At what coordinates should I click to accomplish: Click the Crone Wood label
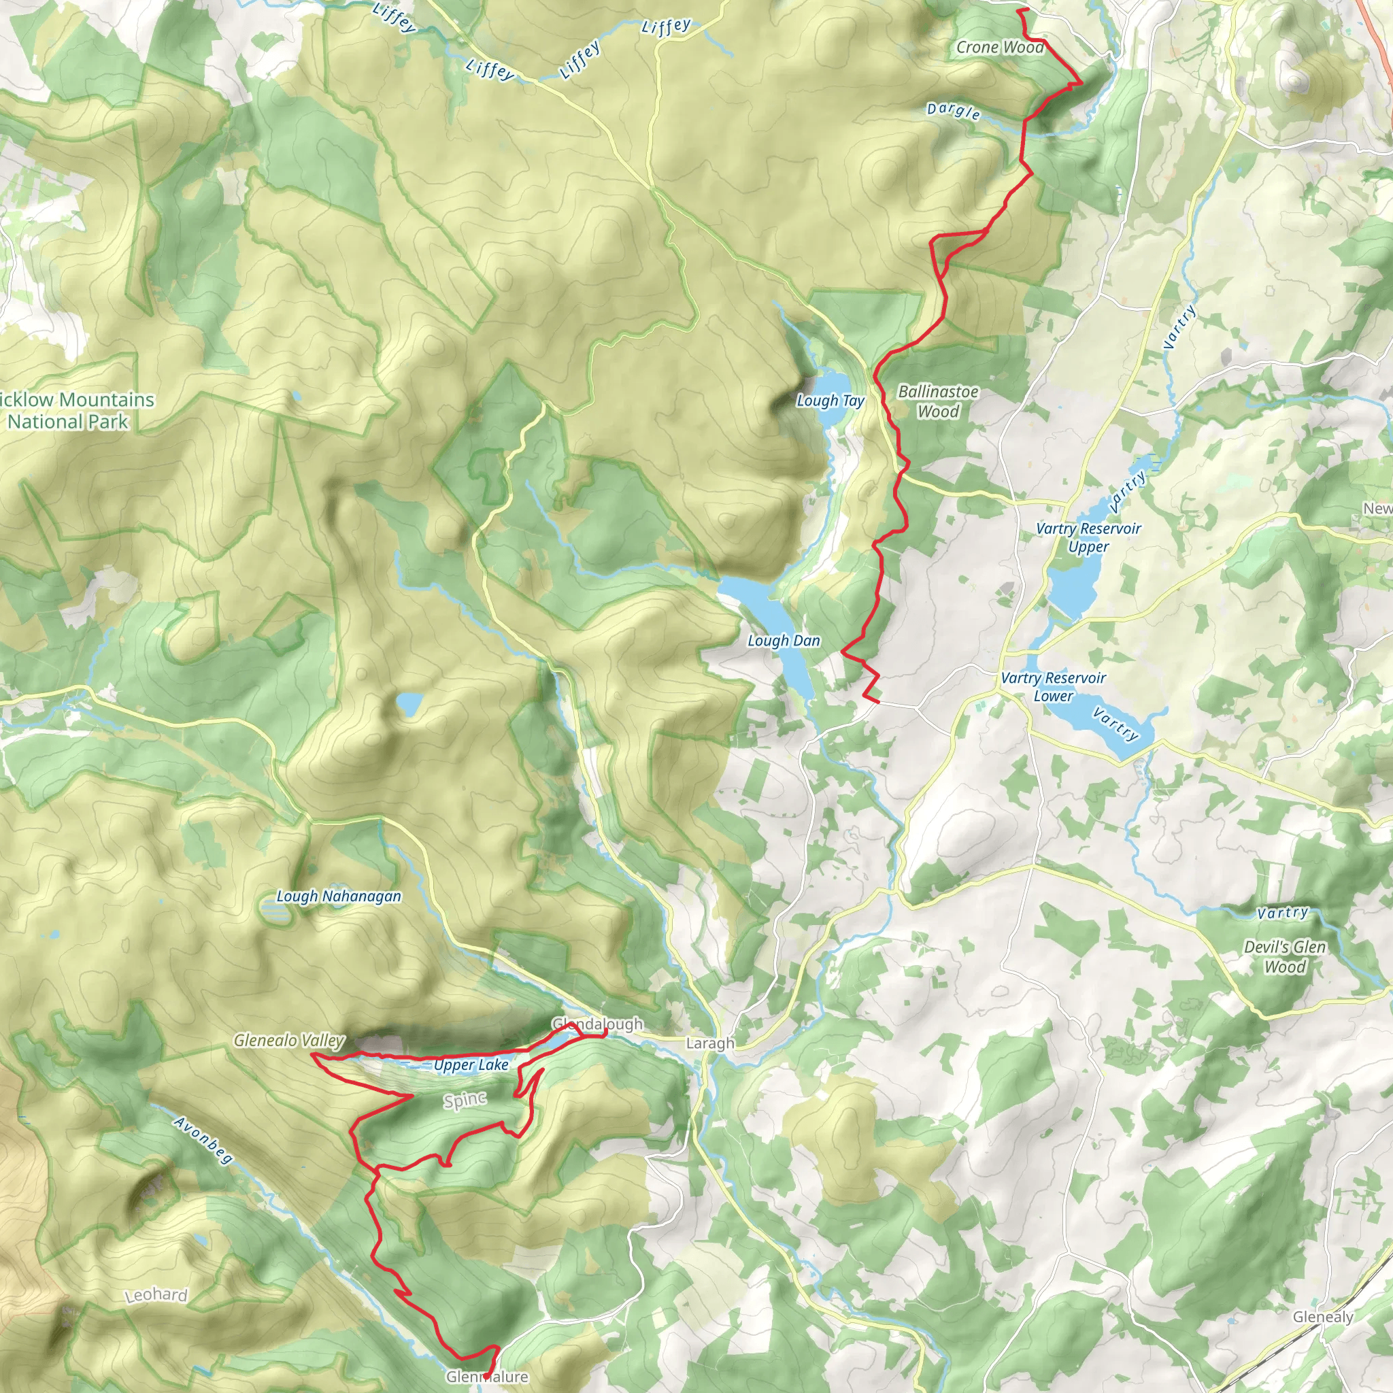999,48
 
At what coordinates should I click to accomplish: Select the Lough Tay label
830,400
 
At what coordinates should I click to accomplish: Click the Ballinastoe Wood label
938,401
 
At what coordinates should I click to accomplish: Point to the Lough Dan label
784,640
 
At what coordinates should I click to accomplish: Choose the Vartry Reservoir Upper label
1088,537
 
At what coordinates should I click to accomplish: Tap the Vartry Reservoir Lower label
1053,686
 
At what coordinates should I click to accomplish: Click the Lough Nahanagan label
339,896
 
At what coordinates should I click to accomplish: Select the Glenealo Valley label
288,1041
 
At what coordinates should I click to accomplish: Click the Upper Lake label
471,1065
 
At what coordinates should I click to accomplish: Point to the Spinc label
465,1101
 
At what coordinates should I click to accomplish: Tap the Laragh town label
710,1043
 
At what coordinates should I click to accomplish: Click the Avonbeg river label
204,1140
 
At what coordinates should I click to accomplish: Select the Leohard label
156,1295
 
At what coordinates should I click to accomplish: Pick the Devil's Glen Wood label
1285,957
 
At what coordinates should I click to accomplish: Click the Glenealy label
1322,1317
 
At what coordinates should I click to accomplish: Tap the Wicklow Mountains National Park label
75,410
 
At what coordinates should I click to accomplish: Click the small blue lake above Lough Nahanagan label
409,704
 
